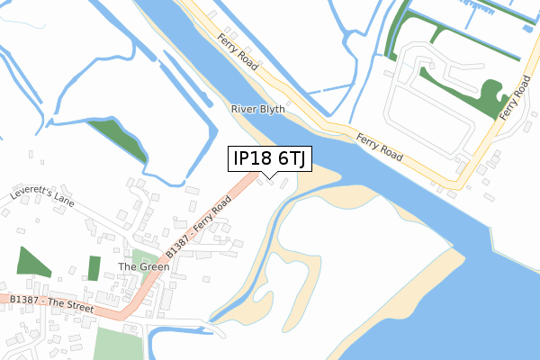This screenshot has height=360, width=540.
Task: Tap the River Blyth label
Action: [x=258, y=109]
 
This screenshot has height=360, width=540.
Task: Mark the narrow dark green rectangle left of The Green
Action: [x=94, y=268]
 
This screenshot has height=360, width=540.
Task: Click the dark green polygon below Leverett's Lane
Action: [x=33, y=262]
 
